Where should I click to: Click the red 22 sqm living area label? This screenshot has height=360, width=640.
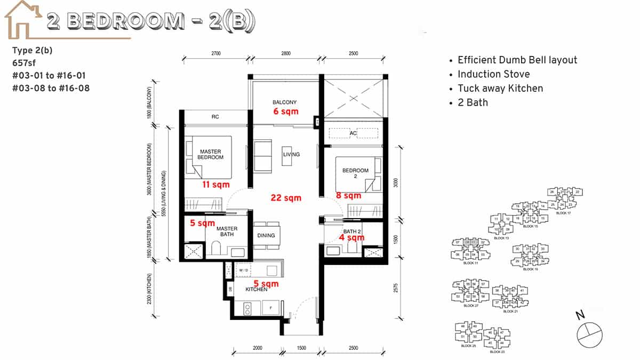click(286, 198)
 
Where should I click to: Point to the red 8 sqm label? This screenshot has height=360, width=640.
click(348, 196)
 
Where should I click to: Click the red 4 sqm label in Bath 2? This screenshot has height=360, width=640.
click(352, 237)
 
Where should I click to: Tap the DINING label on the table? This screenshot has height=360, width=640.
click(266, 235)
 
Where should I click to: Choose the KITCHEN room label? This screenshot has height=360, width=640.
click(256, 289)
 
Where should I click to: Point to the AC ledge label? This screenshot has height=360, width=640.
click(354, 133)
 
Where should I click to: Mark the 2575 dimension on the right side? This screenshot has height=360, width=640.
click(395, 289)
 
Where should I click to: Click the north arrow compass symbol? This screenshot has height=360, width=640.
click(588, 332)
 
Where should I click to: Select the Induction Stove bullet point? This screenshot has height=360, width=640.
click(493, 74)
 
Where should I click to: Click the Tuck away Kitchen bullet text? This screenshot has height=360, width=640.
click(500, 89)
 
